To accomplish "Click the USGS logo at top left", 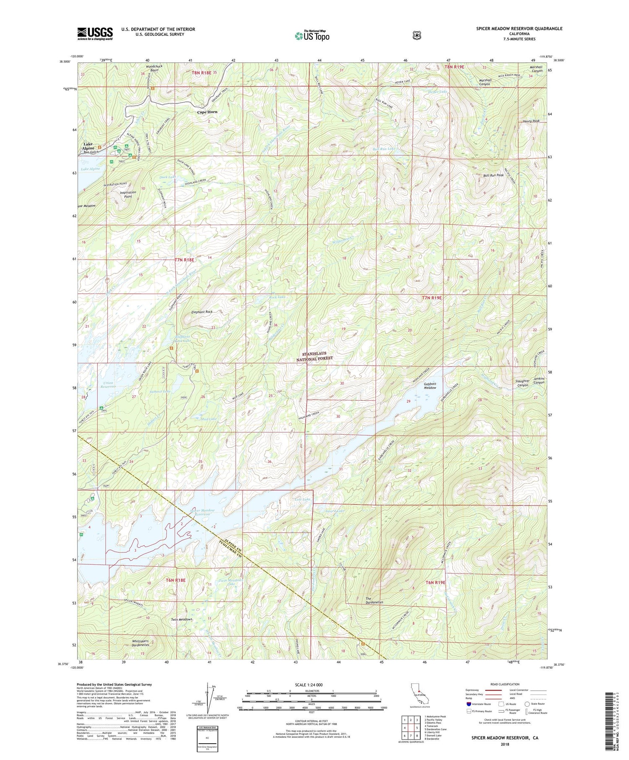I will [x=95, y=34].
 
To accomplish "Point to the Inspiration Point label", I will [x=128, y=194].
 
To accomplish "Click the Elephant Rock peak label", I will [x=202, y=312].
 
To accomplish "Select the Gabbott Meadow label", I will [x=430, y=386].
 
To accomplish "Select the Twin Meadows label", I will [x=181, y=619].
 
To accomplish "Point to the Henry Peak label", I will [x=531, y=121].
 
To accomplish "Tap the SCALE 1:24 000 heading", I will [x=311, y=685].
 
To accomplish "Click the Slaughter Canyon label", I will [x=522, y=383].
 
